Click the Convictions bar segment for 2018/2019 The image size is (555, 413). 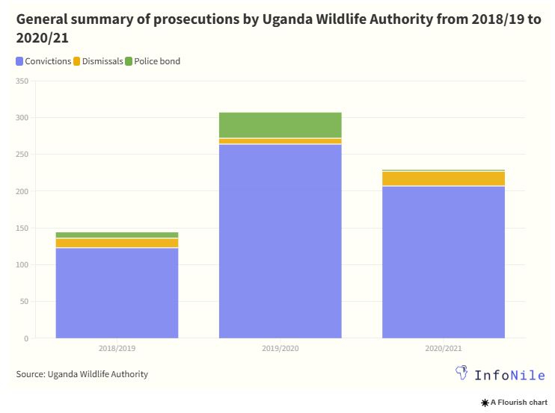tap(117, 293)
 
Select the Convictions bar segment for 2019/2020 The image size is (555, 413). tap(280, 241)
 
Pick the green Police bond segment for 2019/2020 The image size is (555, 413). tap(280, 125)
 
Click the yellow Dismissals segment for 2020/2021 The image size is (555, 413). tap(443, 178)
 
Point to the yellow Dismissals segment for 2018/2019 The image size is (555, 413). tap(117, 243)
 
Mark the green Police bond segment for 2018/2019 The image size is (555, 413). tap(117, 235)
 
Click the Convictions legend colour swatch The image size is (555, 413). tap(19, 61)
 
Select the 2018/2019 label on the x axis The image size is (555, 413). tap(117, 348)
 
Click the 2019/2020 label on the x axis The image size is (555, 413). tap(280, 348)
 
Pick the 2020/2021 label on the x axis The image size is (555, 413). tap(443, 348)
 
